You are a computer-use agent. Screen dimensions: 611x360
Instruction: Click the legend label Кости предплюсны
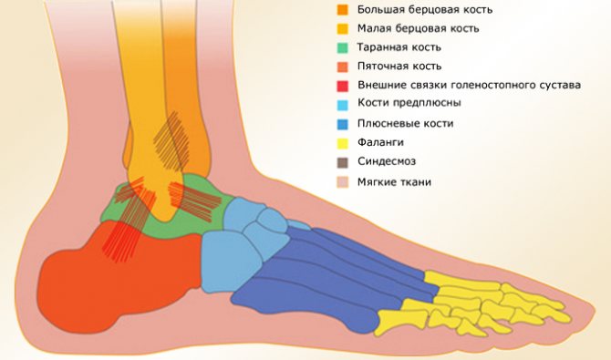pyautogui.click(x=409, y=103)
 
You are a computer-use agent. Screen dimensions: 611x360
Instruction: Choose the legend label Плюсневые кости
pyautogui.click(x=406, y=123)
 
